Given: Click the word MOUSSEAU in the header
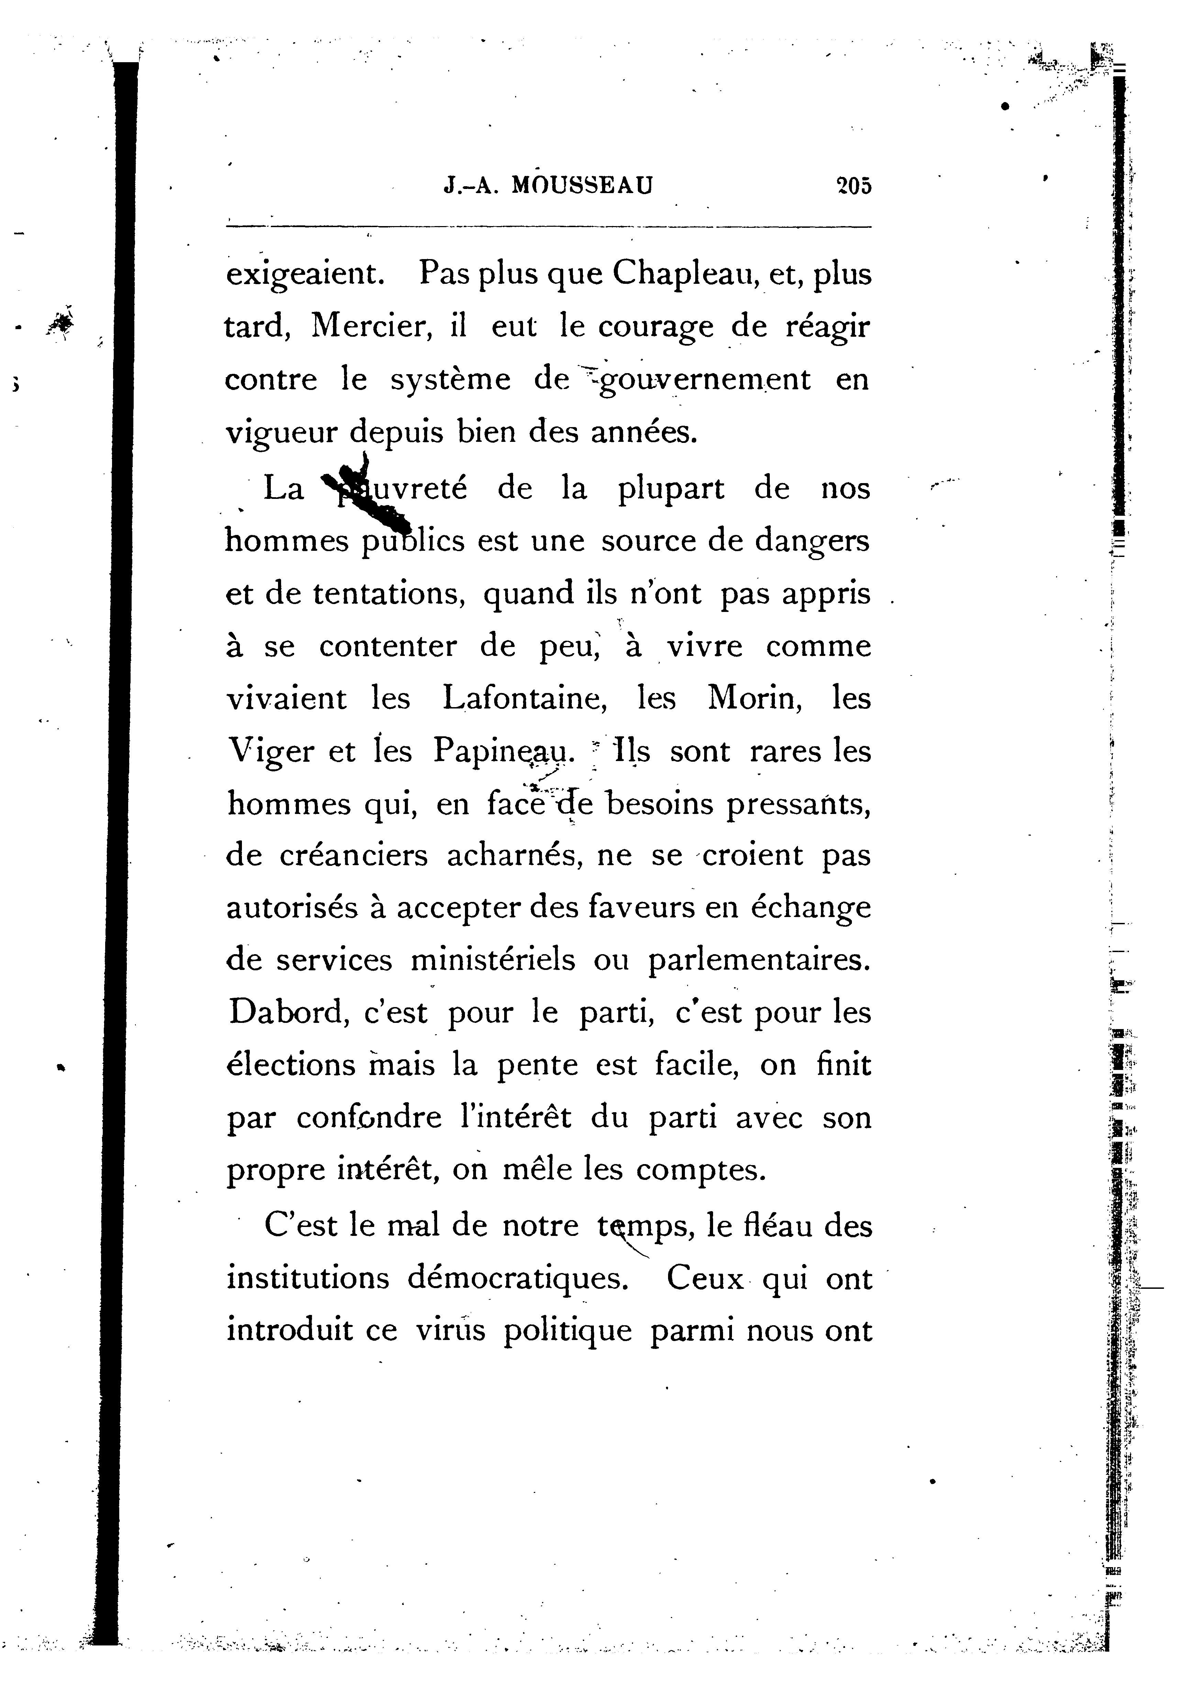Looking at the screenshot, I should pyautogui.click(x=581, y=186).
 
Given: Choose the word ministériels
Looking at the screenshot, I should pyautogui.click(x=493, y=960).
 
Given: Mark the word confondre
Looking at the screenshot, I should pyautogui.click(x=369, y=1118).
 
